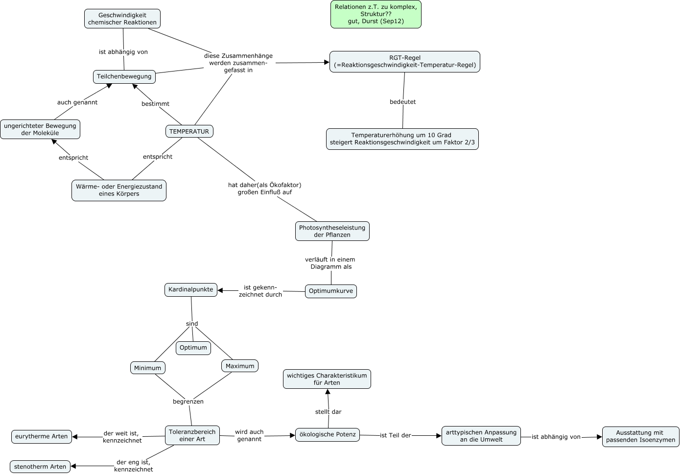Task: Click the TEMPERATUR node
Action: pyautogui.click(x=189, y=131)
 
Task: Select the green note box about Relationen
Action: pyautogui.click(x=376, y=14)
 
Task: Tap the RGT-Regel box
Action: pyautogui.click(x=404, y=62)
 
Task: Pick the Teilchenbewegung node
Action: pyautogui.click(x=124, y=76)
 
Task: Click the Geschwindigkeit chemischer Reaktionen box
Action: pyautogui.click(x=122, y=19)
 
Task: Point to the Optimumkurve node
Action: pyautogui.click(x=330, y=291)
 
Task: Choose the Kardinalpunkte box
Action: pyautogui.click(x=190, y=289)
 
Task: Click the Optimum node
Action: pyautogui.click(x=193, y=348)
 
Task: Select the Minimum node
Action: pyautogui.click(x=147, y=368)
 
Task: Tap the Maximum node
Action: pyautogui.click(x=239, y=366)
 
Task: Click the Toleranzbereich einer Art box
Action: pyautogui.click(x=192, y=435)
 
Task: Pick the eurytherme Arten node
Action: pyautogui.click(x=41, y=436)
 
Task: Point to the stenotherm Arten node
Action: pyautogui.click(x=40, y=467)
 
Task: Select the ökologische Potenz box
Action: pyautogui.click(x=327, y=434)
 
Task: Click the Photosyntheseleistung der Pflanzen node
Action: pyautogui.click(x=332, y=231)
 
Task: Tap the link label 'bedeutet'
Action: pyautogui.click(x=402, y=102)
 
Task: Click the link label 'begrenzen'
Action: pyautogui.click(x=188, y=402)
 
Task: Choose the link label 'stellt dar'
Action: pyautogui.click(x=328, y=412)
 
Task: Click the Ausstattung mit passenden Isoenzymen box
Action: pyautogui.click(x=640, y=436)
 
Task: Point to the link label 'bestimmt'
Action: pyautogui.click(x=155, y=104)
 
